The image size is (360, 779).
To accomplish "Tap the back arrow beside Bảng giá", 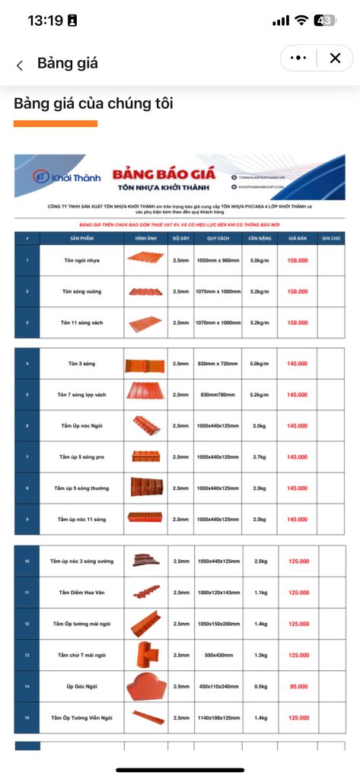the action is [x=20, y=65].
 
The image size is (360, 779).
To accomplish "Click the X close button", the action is [x=334, y=58].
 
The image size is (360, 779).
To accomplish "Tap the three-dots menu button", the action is [x=298, y=58].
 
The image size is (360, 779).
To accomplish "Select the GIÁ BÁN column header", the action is [x=298, y=238].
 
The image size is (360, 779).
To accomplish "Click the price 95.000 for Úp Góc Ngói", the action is [x=298, y=685].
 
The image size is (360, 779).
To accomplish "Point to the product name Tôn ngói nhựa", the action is [x=83, y=260].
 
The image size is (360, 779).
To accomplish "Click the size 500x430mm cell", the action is [x=218, y=654].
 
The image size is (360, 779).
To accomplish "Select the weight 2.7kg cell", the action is [x=259, y=456].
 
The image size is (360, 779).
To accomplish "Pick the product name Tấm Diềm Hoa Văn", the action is [x=83, y=592].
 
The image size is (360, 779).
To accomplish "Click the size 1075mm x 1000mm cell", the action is [x=218, y=291].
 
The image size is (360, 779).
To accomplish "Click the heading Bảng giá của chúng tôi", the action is [x=94, y=103].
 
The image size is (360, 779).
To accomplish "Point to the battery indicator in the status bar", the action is [x=325, y=21].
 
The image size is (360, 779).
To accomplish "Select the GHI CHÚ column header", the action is [x=330, y=238].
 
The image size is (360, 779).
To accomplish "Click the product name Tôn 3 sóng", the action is [x=83, y=364].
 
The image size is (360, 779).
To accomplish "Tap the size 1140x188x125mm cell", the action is [x=218, y=717].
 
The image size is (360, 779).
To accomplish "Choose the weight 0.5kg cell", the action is [x=259, y=685].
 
